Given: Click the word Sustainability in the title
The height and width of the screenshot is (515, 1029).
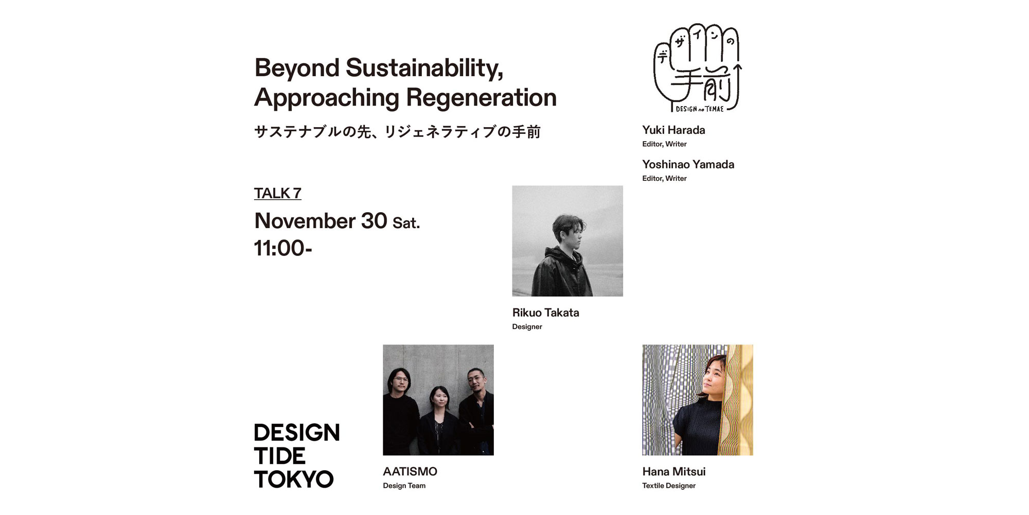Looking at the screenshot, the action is click(424, 68).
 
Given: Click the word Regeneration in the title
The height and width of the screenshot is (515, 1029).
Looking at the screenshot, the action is click(481, 97).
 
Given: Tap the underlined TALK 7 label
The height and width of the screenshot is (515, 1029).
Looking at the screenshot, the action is click(277, 193).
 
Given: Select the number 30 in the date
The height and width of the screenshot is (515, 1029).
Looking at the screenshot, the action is click(374, 221).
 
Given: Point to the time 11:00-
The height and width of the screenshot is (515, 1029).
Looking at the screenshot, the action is click(283, 248).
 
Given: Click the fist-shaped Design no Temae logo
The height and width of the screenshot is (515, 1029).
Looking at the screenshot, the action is click(698, 67).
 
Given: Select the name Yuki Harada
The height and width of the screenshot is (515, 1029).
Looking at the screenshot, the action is click(673, 130).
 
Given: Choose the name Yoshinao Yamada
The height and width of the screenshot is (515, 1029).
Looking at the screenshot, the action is click(688, 164).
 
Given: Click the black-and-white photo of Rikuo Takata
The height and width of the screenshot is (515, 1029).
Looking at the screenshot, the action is click(567, 241).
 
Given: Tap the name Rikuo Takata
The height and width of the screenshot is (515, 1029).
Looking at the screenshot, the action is click(545, 313).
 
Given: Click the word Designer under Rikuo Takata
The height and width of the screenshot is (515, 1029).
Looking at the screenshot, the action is click(527, 327).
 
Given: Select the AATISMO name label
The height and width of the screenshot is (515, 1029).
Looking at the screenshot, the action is click(410, 471).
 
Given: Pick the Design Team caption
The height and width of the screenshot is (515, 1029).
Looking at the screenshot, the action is click(404, 486).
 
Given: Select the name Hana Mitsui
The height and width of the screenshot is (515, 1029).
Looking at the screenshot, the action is click(673, 471).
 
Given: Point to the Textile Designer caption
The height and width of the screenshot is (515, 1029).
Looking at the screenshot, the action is click(669, 486).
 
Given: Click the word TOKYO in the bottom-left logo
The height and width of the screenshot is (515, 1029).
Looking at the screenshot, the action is click(294, 479).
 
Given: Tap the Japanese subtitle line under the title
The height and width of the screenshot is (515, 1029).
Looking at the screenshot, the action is click(397, 132).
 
